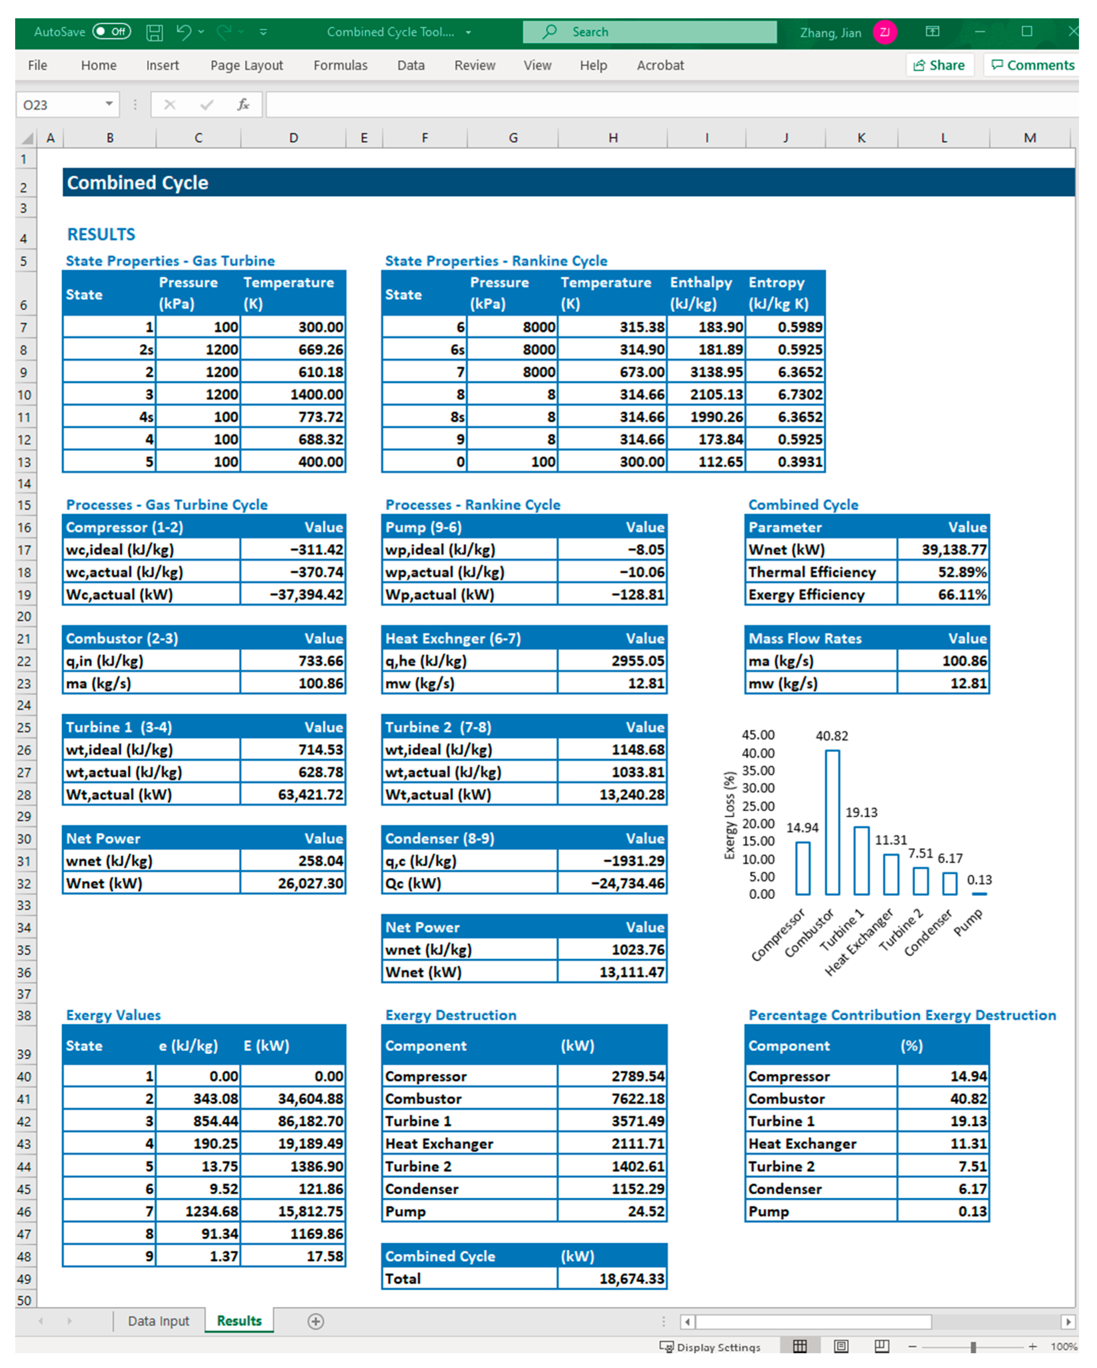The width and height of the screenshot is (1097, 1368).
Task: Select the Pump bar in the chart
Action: click(979, 893)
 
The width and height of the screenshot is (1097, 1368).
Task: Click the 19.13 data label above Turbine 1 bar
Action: click(861, 812)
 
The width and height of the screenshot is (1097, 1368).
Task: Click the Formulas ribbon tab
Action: click(340, 65)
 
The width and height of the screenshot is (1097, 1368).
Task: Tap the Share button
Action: click(939, 65)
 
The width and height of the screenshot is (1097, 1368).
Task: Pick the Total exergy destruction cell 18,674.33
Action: click(612, 1279)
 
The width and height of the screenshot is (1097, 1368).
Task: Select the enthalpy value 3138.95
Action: click(706, 372)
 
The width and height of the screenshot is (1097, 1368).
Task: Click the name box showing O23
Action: click(60, 105)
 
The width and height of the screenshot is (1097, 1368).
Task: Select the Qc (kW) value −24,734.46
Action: click(612, 883)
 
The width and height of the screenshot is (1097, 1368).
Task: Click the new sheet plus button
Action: click(315, 1321)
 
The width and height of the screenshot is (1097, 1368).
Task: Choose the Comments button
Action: click(1032, 65)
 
